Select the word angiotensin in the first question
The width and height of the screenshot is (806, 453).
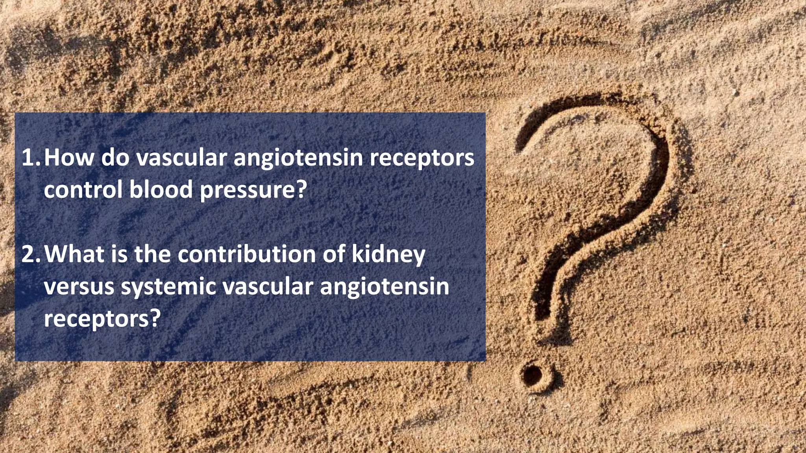click(x=298, y=158)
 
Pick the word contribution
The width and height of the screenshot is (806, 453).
click(x=247, y=254)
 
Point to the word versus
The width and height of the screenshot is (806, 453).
click(x=79, y=287)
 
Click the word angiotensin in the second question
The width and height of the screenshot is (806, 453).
click(x=385, y=287)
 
